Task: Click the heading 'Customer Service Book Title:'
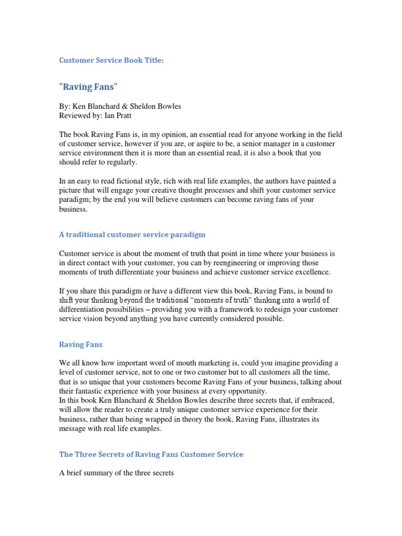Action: (111, 61)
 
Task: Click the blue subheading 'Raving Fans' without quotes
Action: (81, 345)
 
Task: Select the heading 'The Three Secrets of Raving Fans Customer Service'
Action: (151, 454)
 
